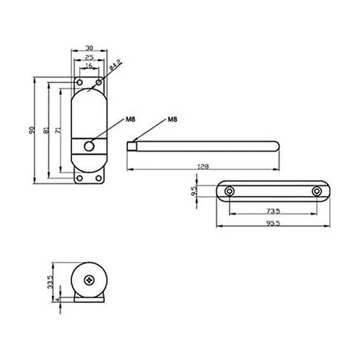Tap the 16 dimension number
pyautogui.click(x=89, y=66)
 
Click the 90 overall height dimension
pyautogui.click(x=31, y=130)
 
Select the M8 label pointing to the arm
pyautogui.click(x=172, y=120)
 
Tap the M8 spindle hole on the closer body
pyautogui.click(x=90, y=146)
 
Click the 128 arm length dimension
pyautogui.click(x=203, y=165)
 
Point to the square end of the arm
pyautogui.click(x=131, y=144)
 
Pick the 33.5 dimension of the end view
pyautogui.click(x=48, y=283)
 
